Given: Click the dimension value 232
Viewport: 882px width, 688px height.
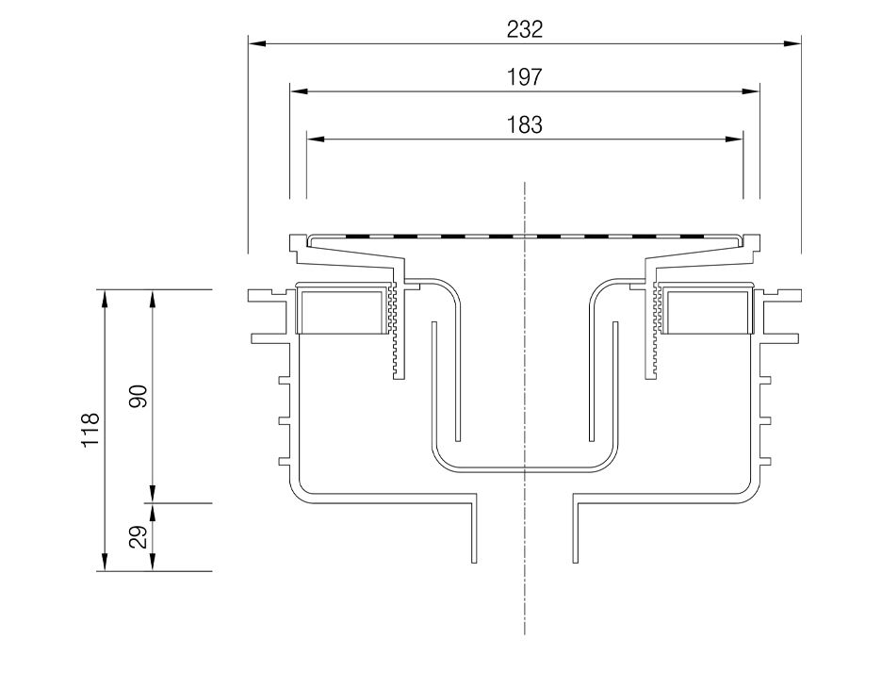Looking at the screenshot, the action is pos(524,29).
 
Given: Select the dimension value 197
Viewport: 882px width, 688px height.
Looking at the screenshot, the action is pos(524,77).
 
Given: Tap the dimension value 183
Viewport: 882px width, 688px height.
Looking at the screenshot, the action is pos(524,125).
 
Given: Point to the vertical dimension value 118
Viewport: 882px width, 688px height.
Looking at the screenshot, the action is pos(90,430).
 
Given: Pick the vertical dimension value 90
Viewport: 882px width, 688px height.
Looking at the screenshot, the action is pos(139,396).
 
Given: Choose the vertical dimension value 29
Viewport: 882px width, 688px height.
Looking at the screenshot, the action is pos(139,536).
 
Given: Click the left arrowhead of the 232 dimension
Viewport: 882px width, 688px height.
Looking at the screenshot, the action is pos(257,43).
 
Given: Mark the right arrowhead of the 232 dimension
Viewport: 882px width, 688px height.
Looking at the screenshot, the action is pos(792,43).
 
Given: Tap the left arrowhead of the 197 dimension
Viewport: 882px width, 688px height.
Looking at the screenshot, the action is pos(299,91).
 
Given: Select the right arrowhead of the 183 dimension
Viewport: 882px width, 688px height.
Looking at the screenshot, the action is pos(735,139).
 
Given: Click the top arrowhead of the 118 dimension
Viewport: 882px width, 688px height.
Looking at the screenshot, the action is pos(104,299).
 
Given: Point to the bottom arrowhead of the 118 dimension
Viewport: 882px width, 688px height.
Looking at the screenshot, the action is pos(104,562).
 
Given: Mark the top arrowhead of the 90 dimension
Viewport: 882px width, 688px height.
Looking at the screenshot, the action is pos(152,299).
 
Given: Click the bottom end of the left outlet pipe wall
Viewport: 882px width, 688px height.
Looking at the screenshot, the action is pos(474,562).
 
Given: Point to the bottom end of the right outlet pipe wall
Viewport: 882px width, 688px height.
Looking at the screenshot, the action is pos(574,562).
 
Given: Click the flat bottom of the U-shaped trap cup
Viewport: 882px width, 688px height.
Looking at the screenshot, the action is pos(524,469).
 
